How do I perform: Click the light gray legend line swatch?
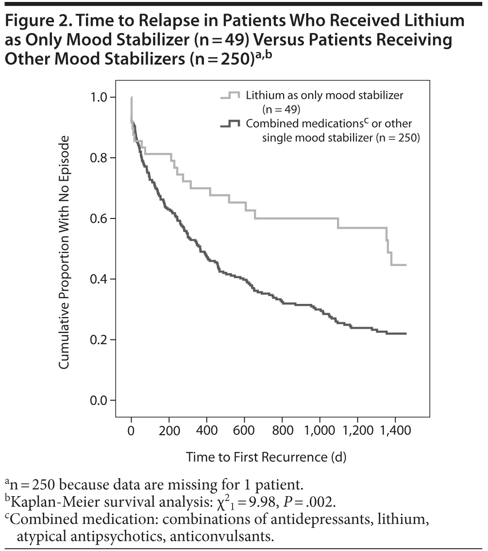coord(230,96)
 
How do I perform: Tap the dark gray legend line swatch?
coord(230,124)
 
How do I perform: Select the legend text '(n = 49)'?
coord(282,110)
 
